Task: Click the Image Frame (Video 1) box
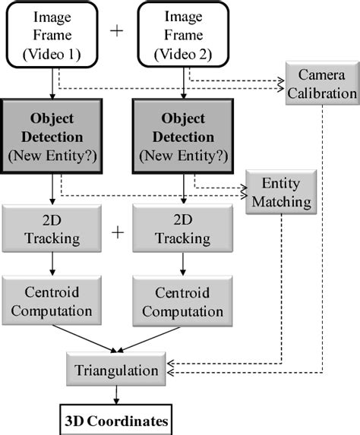[x=50, y=35]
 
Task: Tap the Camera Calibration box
[x=321, y=84]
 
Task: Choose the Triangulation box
[x=115, y=370]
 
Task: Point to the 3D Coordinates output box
[x=115, y=419]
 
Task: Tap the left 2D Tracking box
[x=50, y=228]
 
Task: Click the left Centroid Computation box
[x=50, y=301]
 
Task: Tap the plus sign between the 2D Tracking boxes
[x=117, y=232]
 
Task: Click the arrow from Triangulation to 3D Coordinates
[x=115, y=396]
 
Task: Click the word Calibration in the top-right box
[x=321, y=93]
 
